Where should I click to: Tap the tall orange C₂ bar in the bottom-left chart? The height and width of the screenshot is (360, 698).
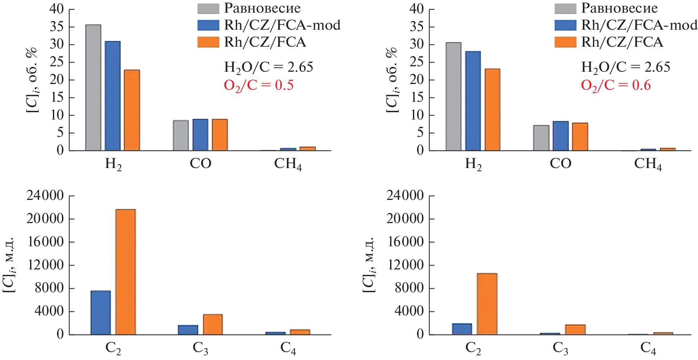(x=125, y=272)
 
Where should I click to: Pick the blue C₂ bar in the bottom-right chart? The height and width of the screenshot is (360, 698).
(x=462, y=329)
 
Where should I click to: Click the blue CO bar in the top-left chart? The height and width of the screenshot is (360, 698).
(x=200, y=135)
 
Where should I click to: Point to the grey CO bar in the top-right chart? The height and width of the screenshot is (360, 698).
(x=541, y=138)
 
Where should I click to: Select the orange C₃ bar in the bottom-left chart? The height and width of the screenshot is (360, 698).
(x=213, y=325)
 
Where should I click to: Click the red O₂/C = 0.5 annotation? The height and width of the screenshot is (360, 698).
(x=259, y=85)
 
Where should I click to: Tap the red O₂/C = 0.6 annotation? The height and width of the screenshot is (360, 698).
(x=616, y=85)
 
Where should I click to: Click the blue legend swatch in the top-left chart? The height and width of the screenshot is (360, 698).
(x=208, y=25)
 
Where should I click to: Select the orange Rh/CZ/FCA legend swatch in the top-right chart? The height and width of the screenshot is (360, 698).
(x=565, y=42)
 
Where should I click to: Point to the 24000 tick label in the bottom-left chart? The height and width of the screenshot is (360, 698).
(x=45, y=196)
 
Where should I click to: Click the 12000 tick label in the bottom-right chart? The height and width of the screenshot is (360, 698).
(x=405, y=265)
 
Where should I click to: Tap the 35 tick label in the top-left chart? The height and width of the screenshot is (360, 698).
(x=57, y=27)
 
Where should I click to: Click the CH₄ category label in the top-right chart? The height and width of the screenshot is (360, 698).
(x=648, y=164)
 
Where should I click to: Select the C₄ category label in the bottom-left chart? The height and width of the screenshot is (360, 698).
(x=288, y=348)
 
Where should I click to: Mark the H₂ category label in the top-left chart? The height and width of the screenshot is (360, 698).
(x=113, y=164)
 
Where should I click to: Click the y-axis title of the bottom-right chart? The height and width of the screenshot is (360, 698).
(x=369, y=265)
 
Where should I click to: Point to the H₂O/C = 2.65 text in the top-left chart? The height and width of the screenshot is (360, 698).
(x=268, y=67)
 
